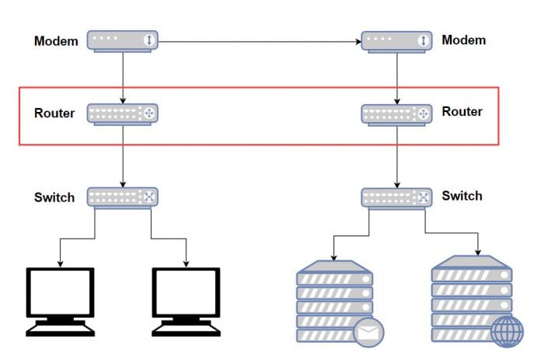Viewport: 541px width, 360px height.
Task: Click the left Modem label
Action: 56,41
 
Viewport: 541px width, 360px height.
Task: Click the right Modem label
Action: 463,40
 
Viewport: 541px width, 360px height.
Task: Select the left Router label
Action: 54,114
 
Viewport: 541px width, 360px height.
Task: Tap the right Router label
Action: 462,111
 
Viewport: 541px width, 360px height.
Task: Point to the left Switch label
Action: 54,197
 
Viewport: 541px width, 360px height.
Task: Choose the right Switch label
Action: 462,196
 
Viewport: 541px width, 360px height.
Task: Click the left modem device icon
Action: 123,41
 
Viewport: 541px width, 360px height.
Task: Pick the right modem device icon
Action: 396,41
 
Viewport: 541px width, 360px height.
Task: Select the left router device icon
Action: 123,114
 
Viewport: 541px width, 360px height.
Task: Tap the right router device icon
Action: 396,114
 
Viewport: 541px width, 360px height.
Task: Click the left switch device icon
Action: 123,197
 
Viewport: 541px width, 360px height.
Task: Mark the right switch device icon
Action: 396,197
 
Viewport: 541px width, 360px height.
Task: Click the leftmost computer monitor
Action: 60,300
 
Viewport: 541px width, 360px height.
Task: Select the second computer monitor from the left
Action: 186,300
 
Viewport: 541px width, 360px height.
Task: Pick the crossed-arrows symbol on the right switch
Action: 423,197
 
